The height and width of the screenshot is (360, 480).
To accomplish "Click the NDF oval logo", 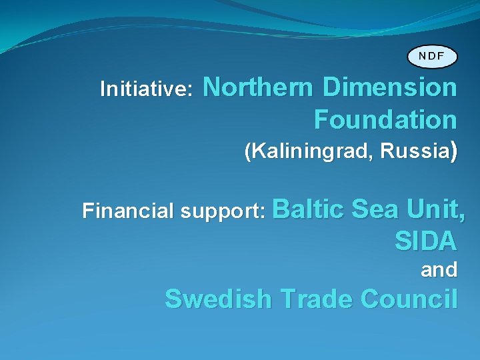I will coord(433,56).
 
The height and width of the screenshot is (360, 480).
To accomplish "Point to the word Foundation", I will coord(385,120).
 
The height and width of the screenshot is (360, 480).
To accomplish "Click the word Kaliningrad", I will coord(312,152).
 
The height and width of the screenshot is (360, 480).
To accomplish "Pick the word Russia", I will coord(414,151).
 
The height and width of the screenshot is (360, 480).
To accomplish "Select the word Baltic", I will coord(307,209).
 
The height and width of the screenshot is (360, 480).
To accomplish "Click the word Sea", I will coord(372,209).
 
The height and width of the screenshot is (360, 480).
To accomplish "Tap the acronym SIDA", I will coord(426,241).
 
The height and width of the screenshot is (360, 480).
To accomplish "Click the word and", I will coord(439,270).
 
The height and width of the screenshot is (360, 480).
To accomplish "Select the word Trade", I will coord(316,299).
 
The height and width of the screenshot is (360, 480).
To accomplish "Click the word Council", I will coord(409,299).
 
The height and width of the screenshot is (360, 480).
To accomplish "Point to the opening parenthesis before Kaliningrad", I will coord(249,153).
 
